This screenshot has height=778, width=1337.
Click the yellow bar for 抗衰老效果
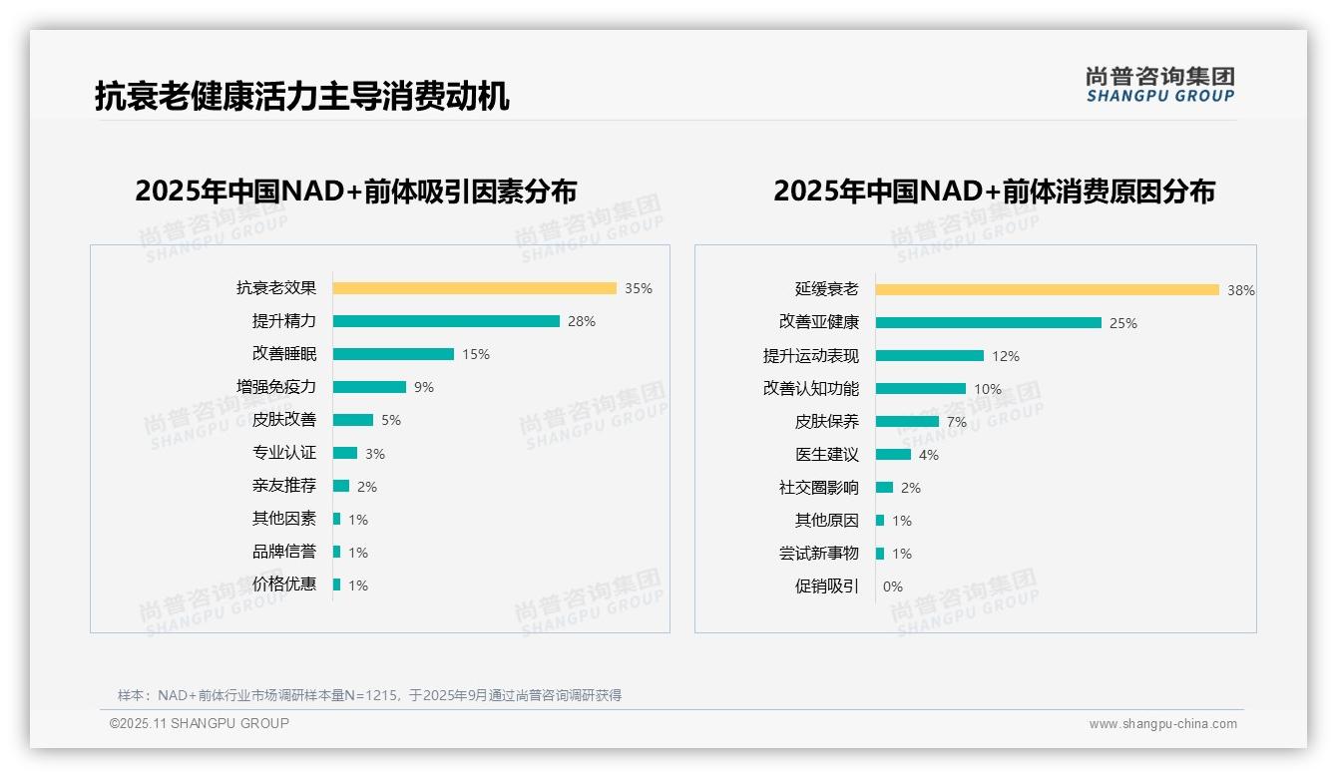[x=474, y=288]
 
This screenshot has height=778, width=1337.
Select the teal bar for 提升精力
[x=446, y=321]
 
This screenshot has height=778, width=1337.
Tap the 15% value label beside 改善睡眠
[x=476, y=354]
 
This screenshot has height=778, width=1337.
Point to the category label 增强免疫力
[x=276, y=387]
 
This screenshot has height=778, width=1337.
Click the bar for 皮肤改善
[x=353, y=420]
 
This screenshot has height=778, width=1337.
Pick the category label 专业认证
[x=284, y=453]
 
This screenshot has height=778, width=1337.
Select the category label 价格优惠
[x=284, y=584]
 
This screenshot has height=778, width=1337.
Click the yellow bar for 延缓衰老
[x=1048, y=290]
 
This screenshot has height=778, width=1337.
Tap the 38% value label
[x=1241, y=290]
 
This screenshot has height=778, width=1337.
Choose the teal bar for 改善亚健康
[x=989, y=323]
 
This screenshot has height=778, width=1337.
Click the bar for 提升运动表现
[x=930, y=356]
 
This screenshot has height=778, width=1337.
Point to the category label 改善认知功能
[x=811, y=389]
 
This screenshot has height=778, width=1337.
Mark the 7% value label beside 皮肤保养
[x=957, y=422]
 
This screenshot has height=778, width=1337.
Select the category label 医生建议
[x=827, y=455]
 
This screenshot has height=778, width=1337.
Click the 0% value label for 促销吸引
[x=893, y=586]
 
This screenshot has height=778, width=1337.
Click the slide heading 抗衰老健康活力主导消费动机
[x=302, y=96]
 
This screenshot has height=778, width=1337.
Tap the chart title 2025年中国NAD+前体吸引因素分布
[x=356, y=192]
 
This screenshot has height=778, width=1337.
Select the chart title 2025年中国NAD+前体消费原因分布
[x=994, y=192]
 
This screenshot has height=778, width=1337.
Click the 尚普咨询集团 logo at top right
[x=1160, y=84]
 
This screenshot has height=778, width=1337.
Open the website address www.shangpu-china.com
[x=1162, y=724]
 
